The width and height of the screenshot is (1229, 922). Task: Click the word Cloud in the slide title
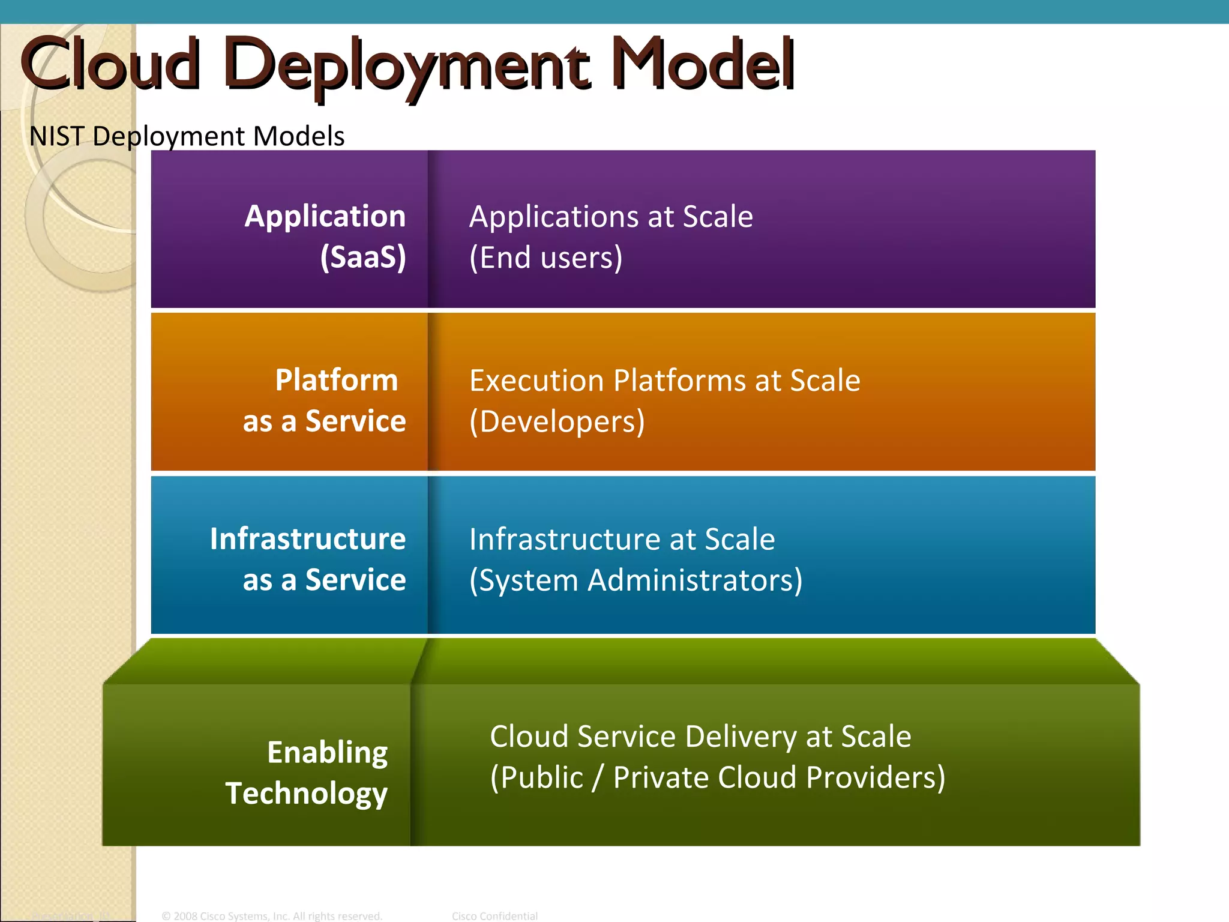(x=110, y=64)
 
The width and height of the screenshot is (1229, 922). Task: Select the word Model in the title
(x=703, y=64)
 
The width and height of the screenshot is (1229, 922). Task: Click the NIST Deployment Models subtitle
(x=187, y=136)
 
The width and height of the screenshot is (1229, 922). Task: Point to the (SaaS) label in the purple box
(x=363, y=258)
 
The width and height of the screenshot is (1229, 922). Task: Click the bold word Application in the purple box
(x=325, y=216)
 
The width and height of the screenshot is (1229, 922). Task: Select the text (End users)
(x=545, y=258)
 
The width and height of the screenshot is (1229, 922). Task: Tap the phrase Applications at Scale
(x=610, y=216)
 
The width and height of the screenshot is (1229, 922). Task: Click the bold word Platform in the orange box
(x=337, y=380)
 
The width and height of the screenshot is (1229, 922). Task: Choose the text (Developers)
(x=557, y=421)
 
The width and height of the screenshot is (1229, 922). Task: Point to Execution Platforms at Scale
(x=664, y=381)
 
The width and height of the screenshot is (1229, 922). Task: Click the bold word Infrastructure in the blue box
(x=308, y=538)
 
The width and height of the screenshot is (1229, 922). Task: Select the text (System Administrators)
(x=636, y=580)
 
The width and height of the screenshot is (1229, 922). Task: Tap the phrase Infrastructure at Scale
(x=622, y=539)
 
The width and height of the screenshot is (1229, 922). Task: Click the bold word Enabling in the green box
(x=328, y=752)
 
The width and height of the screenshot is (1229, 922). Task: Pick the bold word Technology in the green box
(x=307, y=794)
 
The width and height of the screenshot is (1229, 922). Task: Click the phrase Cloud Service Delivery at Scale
(x=700, y=737)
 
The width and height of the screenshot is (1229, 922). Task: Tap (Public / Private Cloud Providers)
(x=717, y=778)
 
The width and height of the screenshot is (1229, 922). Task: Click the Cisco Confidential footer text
(x=494, y=916)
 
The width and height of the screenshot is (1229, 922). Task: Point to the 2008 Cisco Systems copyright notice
(x=272, y=916)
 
